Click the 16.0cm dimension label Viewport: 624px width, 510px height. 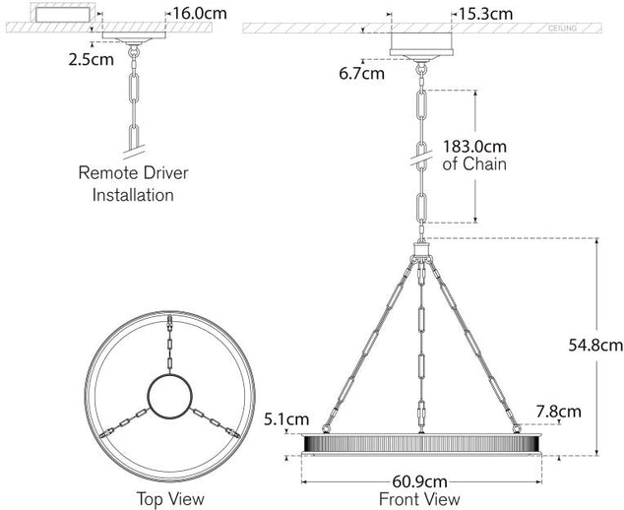200,14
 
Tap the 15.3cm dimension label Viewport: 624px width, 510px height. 485,15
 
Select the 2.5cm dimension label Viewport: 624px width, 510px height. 92,60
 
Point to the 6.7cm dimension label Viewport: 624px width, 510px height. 362,73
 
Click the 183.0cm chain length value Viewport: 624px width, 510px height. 474,147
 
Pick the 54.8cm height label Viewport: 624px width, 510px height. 595,346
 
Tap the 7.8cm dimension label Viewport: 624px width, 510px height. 558,412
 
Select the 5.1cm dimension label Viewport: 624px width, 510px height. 286,418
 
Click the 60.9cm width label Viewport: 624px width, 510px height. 420,481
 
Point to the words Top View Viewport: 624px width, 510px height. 170,499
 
